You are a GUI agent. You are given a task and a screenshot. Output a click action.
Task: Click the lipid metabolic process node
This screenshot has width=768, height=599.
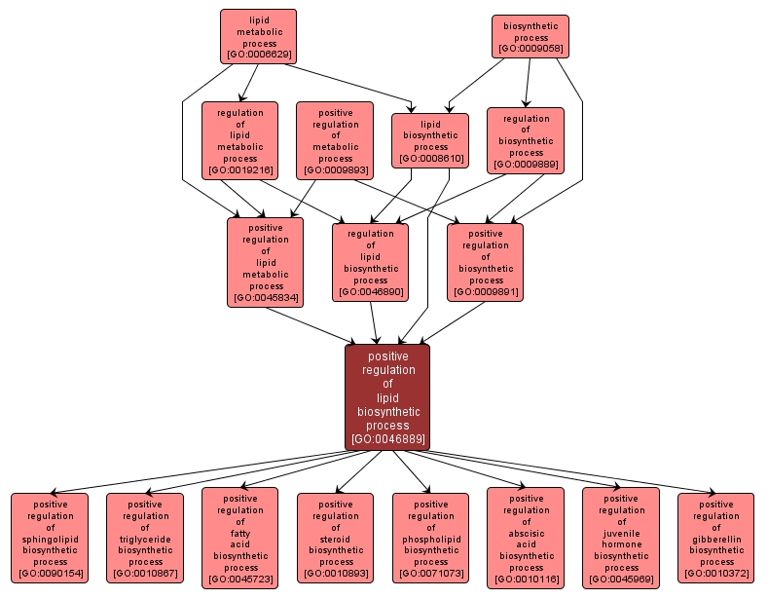[x=258, y=36]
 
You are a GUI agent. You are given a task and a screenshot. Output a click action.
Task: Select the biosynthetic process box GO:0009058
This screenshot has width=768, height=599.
[x=530, y=35]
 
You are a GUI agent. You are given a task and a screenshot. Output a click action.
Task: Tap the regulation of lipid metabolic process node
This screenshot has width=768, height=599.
[x=239, y=141]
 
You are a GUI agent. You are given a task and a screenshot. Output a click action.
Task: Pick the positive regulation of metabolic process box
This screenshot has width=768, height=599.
[x=335, y=141]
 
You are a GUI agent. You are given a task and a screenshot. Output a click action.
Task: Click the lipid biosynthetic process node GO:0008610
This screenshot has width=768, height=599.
[x=430, y=140]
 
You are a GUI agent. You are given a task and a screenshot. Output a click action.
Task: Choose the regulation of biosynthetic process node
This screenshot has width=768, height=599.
[x=526, y=140]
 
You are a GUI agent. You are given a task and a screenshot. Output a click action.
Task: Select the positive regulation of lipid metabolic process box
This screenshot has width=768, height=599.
[x=266, y=262]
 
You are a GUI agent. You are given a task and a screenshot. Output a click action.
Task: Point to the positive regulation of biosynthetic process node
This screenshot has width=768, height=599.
[x=485, y=262]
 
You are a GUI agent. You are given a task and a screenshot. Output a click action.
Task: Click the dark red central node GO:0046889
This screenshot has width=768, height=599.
[x=386, y=396]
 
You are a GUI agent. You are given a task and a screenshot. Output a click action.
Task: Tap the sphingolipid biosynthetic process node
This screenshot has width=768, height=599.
[x=50, y=539]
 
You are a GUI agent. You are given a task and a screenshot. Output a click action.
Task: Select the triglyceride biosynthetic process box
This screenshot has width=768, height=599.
[x=145, y=539]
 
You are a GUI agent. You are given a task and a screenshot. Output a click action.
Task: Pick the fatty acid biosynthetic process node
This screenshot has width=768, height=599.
[x=240, y=539]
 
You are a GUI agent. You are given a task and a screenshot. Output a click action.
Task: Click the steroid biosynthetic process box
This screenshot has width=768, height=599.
[x=336, y=539]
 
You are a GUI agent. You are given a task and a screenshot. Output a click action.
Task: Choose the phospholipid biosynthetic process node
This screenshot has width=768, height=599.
[x=430, y=539]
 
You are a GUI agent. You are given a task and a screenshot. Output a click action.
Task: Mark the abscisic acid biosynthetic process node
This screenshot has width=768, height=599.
[x=526, y=539]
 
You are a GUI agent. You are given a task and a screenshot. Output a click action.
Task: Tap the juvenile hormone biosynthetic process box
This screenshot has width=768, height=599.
[x=621, y=539]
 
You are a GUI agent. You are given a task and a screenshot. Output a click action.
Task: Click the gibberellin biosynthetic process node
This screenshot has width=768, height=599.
[x=716, y=539]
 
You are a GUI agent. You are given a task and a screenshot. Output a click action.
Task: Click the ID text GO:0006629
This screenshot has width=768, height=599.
[x=258, y=54]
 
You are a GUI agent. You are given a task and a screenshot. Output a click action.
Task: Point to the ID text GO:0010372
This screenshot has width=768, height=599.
[x=716, y=573]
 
